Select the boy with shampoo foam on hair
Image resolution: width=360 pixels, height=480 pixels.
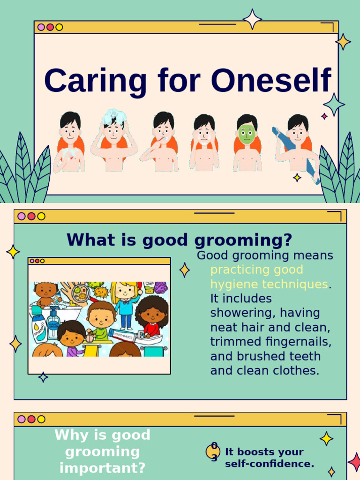pos(113,141)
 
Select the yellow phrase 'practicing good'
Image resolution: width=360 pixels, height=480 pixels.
pos(256,270)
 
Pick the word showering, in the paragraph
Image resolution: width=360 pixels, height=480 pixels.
pos(239,313)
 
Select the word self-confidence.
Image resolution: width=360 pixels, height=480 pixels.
pos(270,464)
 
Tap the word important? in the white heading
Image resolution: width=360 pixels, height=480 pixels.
pos(102,468)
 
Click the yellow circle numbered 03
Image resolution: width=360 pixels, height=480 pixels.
pos(213,452)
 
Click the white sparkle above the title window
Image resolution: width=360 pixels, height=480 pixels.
pos(252,19)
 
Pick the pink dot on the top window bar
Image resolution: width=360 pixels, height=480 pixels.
pos(41,27)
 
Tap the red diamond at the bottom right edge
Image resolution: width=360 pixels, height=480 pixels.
pos(355,462)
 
